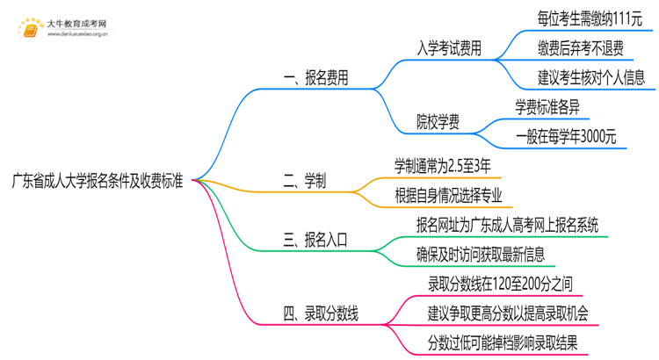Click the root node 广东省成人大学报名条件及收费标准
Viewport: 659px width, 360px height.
(x=98, y=182)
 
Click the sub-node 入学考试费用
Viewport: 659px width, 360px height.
(x=448, y=49)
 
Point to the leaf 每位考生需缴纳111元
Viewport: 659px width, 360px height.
(x=590, y=18)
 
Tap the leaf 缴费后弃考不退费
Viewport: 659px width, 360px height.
(x=580, y=47)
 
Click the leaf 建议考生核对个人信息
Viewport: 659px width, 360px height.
(x=590, y=76)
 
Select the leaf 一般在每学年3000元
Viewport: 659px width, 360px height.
(x=566, y=136)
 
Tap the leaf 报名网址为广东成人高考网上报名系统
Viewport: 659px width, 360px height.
(x=507, y=225)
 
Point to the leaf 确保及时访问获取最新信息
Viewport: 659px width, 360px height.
(x=481, y=255)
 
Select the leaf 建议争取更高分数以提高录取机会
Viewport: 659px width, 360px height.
(x=508, y=313)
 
